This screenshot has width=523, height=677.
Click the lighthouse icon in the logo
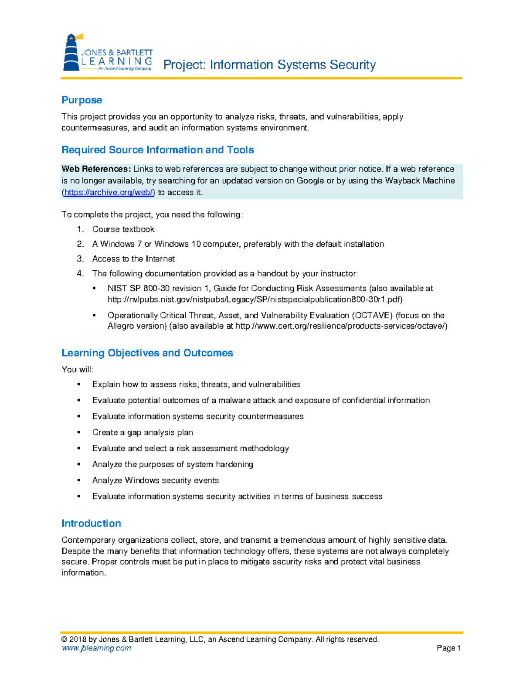tap(71, 52)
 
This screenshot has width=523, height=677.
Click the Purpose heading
tap(82, 100)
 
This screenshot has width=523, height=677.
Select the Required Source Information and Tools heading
tap(157, 150)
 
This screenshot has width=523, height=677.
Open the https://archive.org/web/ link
tap(109, 193)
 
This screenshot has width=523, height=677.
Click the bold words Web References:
tap(96, 169)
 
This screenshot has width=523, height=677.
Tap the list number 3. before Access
tap(80, 259)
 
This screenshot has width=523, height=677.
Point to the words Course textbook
tap(123, 229)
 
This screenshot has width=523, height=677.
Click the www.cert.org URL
tap(341, 326)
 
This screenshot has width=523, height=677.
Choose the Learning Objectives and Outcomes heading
tap(147, 353)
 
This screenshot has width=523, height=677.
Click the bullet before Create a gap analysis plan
tap(79, 432)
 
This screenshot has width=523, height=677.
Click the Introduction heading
tap(91, 524)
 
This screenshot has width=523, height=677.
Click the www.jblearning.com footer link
tap(96, 648)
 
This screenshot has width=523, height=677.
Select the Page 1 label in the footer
tap(448, 648)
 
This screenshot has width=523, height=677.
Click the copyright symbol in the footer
tap(65, 640)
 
